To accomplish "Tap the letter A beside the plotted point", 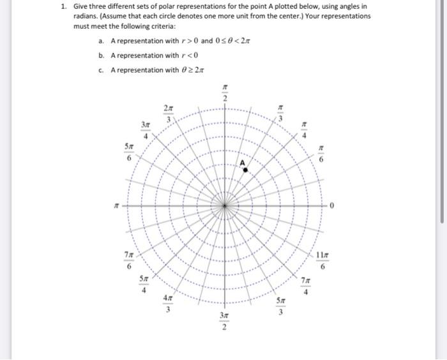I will pos(243,163).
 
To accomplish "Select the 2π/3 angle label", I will pos(168,112).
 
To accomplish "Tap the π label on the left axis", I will pos(116,206).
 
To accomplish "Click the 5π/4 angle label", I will pos(145,283).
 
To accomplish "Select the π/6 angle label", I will pos(322,153).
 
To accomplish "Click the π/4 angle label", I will pos(305,130).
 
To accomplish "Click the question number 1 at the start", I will pos(64,6).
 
